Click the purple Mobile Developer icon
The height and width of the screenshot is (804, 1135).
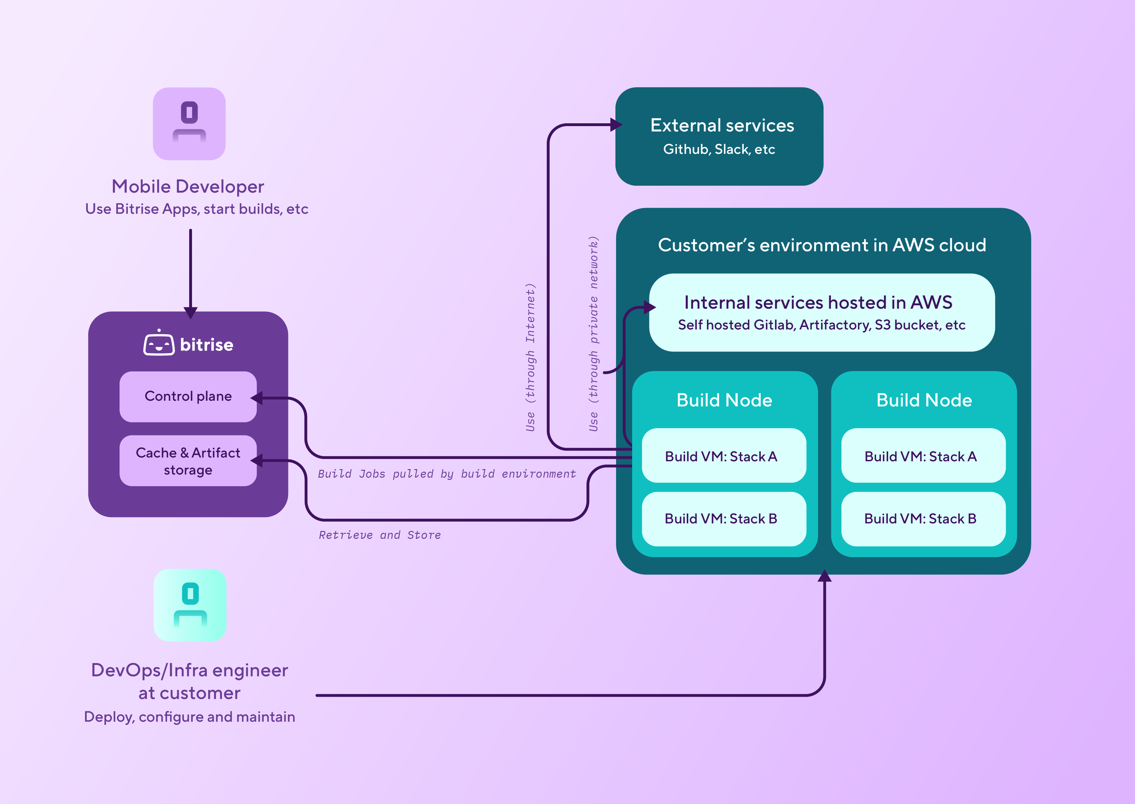tap(189, 124)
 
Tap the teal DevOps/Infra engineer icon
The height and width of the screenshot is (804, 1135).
tap(190, 605)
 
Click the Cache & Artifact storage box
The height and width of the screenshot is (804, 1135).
tap(188, 461)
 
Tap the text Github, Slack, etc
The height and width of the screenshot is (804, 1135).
tap(719, 149)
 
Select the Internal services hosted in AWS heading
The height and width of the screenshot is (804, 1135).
tap(818, 302)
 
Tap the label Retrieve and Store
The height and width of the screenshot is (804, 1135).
tap(380, 535)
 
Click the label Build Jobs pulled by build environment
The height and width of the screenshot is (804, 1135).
tap(446, 474)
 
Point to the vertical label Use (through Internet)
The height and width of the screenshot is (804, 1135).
tap(530, 357)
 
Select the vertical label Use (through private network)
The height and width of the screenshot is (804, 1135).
tap(593, 333)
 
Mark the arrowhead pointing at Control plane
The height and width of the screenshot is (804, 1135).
tap(256, 398)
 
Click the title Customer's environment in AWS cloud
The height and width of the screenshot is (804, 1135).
tap(822, 245)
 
